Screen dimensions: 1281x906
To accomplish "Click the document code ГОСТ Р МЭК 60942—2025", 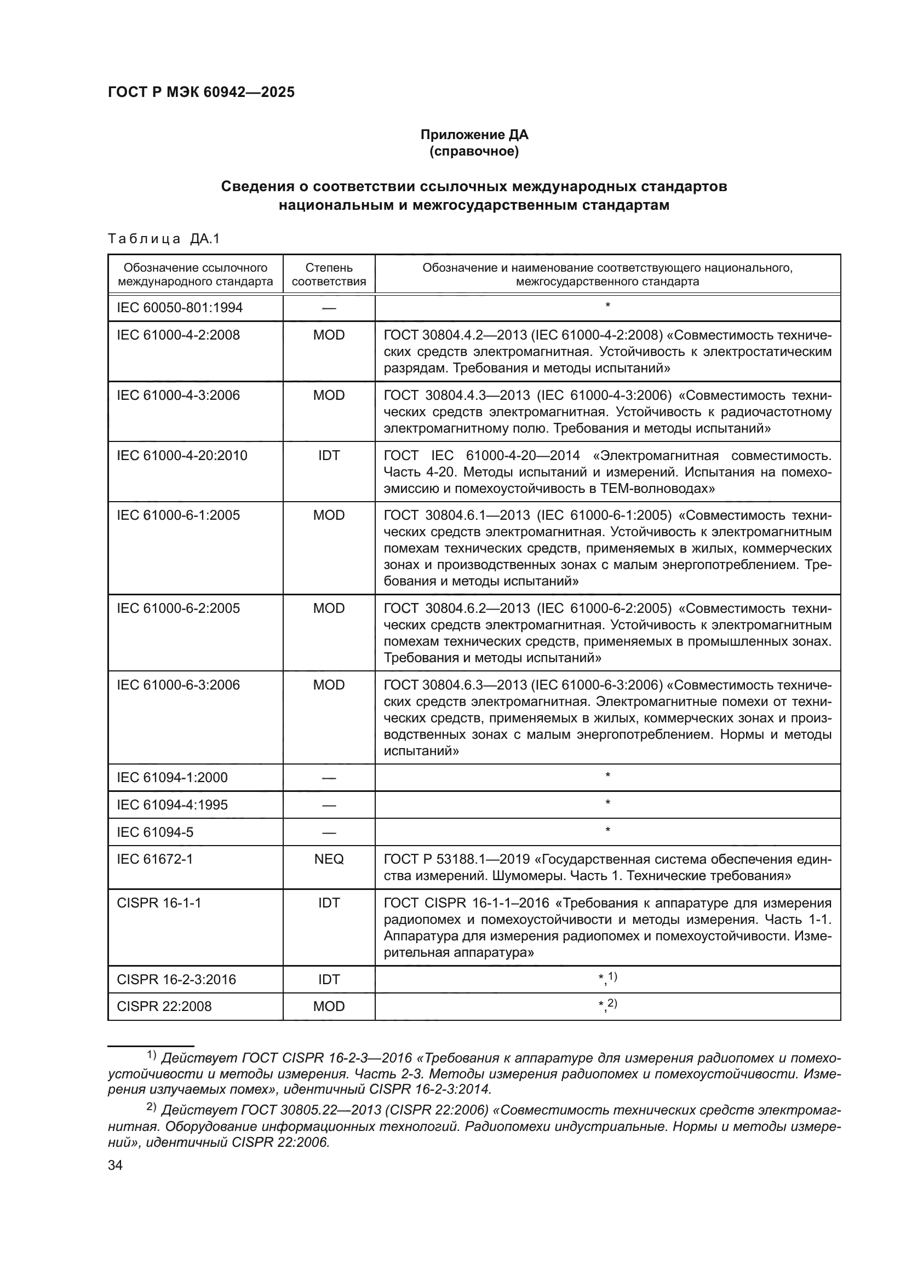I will click(201, 93).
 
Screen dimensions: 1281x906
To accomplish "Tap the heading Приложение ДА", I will click(474, 135).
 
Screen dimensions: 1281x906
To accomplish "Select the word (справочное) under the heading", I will click(474, 151).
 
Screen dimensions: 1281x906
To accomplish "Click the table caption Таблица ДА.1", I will click(164, 239).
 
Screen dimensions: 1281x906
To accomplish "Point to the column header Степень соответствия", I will click(329, 274).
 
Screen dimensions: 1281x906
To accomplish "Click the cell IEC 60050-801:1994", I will click(180, 308).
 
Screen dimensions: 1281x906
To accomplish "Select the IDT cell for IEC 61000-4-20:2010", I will click(329, 455).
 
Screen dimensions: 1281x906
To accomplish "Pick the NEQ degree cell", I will click(329, 859).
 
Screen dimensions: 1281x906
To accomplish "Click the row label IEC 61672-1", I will click(154, 859).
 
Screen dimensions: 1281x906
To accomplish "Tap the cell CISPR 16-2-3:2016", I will click(176, 979).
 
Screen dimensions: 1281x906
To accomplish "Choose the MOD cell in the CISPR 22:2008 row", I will click(329, 1006).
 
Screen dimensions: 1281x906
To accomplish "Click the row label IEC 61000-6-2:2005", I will click(178, 608).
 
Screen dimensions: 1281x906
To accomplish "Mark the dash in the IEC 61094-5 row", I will click(329, 832).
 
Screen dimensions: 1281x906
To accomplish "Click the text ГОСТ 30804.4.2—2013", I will click(454, 335).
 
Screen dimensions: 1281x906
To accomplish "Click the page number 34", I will click(115, 1165).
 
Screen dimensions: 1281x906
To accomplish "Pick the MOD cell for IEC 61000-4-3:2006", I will click(329, 395).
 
